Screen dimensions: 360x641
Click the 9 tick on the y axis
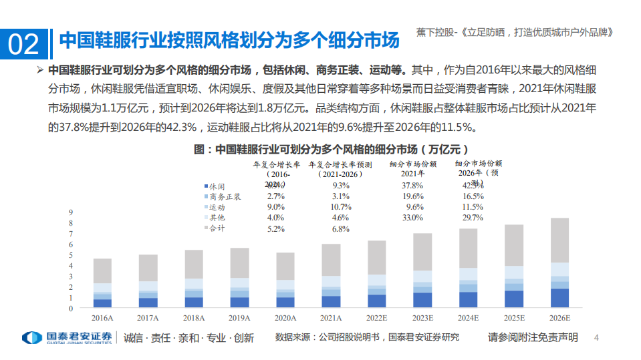(70, 212)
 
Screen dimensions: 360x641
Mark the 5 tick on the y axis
(70, 255)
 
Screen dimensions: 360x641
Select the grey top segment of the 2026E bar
(555, 240)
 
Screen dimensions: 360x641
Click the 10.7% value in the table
(340, 207)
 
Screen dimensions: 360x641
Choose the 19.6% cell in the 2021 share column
(412, 196)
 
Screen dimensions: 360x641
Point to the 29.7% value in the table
(472, 218)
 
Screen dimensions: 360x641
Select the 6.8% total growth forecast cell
(340, 229)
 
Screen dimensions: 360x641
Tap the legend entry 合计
(217, 228)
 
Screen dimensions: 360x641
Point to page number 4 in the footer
(597, 337)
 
